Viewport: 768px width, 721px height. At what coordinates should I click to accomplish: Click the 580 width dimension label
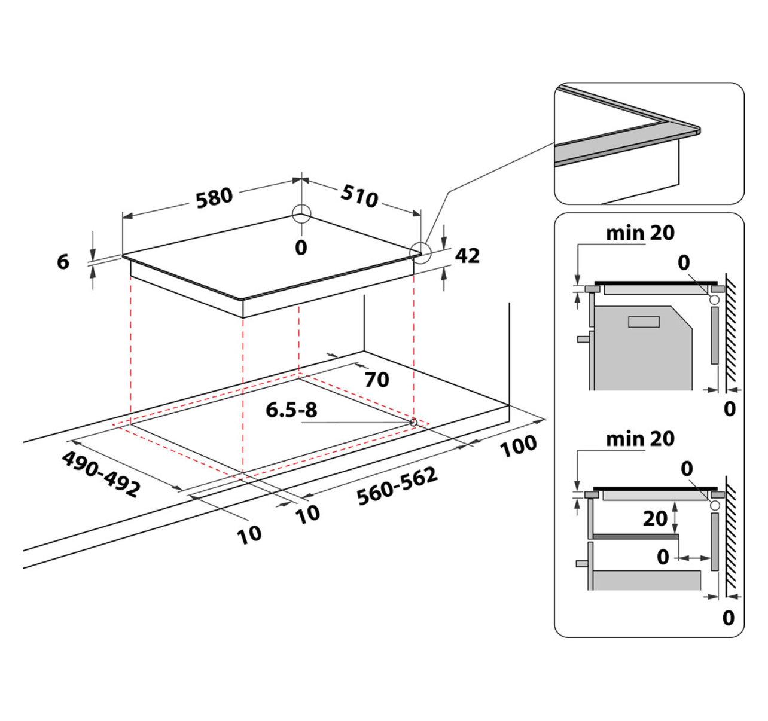[x=214, y=197]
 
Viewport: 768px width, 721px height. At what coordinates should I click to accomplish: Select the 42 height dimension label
[x=467, y=255]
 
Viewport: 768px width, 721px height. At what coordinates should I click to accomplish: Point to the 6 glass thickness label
[x=63, y=261]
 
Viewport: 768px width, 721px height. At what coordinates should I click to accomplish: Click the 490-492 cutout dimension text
[x=100, y=473]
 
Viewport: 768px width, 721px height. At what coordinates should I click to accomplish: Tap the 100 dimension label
[x=519, y=445]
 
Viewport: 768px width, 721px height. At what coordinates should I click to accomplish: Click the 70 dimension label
[x=377, y=379]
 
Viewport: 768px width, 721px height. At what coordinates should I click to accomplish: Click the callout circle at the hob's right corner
[x=420, y=253]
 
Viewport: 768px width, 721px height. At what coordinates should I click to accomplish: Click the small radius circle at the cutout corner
[x=413, y=422]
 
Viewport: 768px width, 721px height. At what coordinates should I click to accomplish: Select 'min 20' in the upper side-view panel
[x=640, y=233]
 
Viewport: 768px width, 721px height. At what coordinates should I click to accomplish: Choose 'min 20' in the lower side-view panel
[x=640, y=439]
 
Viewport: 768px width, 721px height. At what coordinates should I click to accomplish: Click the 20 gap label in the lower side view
[x=655, y=518]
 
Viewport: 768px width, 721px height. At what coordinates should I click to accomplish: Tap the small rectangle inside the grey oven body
[x=644, y=322]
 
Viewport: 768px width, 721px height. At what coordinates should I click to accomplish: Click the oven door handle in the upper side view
[x=583, y=338]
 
